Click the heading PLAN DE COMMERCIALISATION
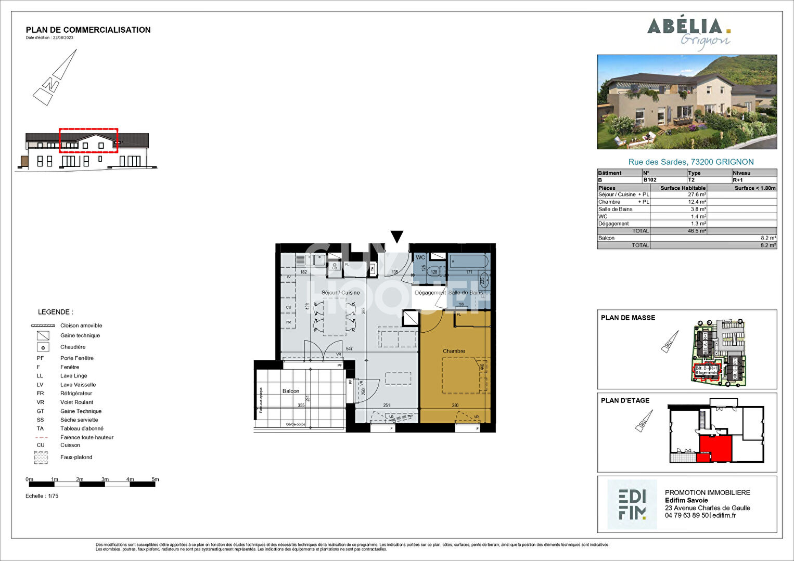[88, 30]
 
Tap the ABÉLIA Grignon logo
[689, 33]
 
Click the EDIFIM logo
[632, 504]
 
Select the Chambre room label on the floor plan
[454, 351]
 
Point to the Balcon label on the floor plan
[290, 391]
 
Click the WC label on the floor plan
[420, 257]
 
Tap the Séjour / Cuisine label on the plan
[340, 293]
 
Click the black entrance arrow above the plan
[397, 237]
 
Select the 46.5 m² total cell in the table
[697, 231]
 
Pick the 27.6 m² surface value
[697, 194]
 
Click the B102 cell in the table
[650, 180]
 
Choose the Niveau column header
[741, 173]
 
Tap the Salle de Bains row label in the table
[616, 209]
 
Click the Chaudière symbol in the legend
[43, 347]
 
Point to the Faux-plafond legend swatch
[41, 458]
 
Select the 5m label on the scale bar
[155, 479]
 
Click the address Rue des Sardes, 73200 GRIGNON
[690, 162]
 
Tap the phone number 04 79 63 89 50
[686, 515]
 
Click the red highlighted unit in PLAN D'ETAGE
[715, 448]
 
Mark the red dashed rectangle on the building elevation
[88, 140]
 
